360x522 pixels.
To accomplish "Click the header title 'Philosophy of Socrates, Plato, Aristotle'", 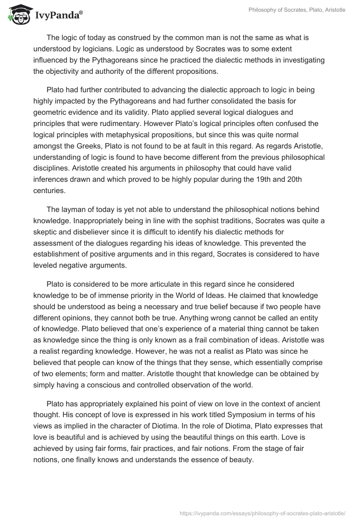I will pyautogui.click(x=297, y=10).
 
